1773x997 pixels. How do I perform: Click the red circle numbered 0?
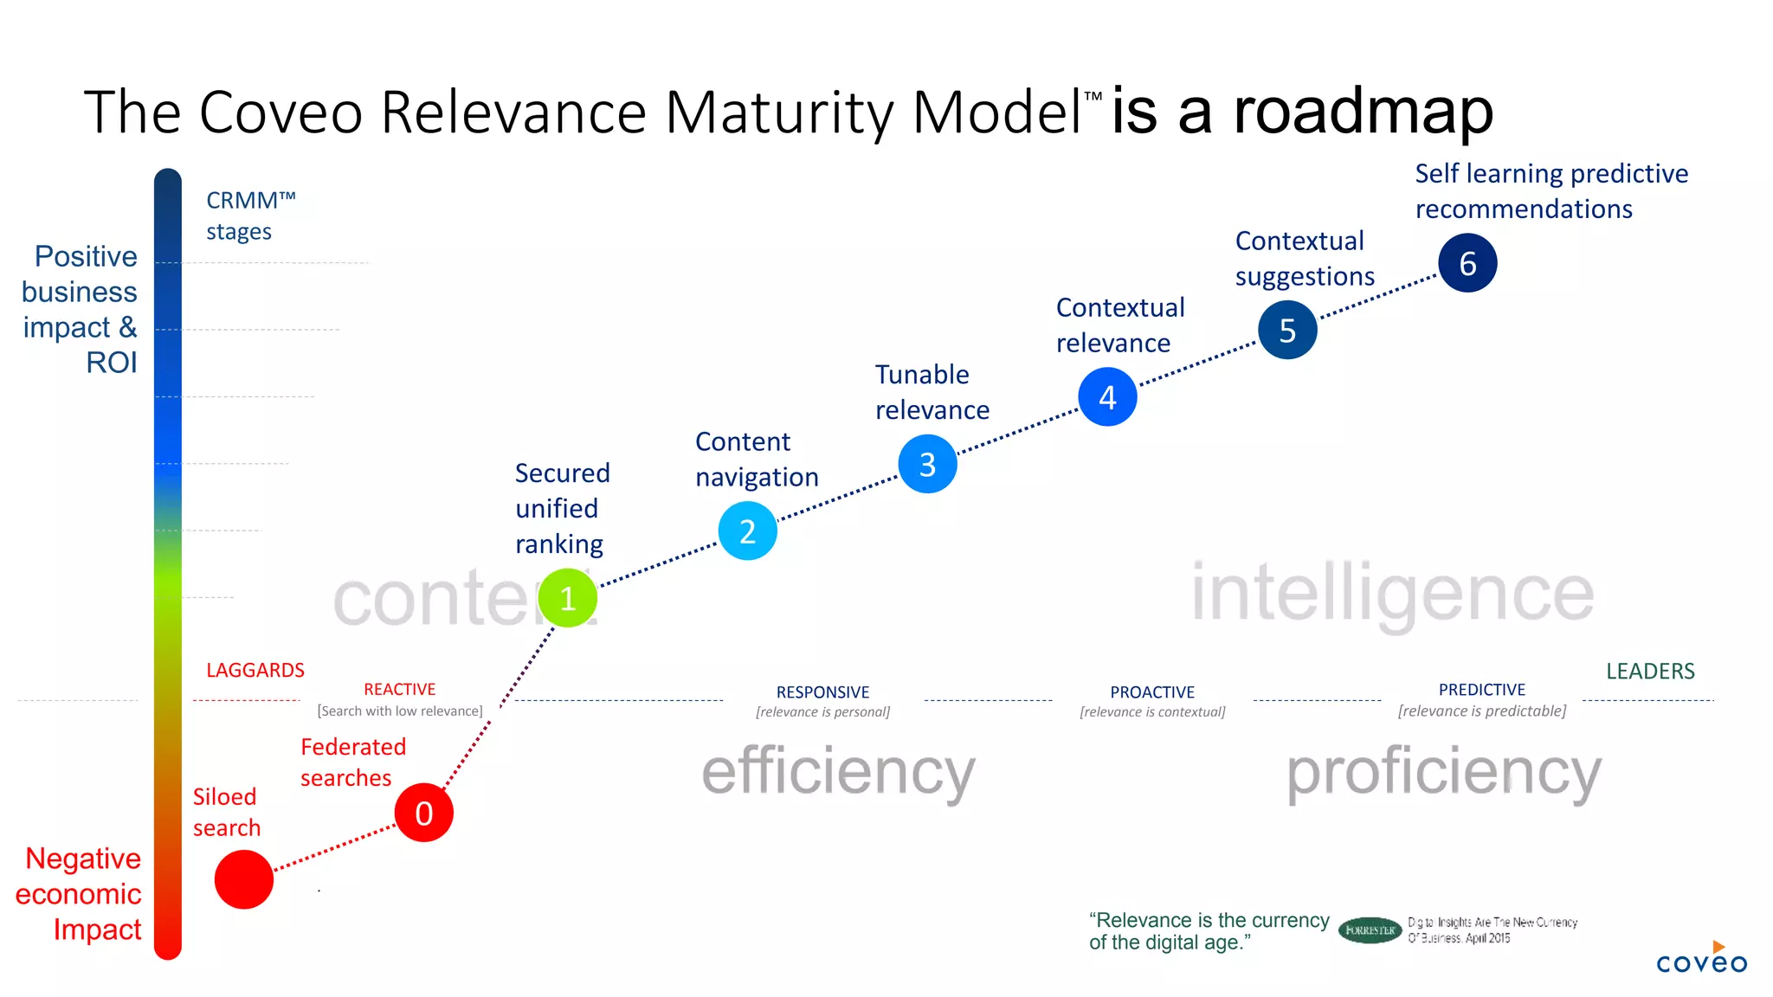pos(423,813)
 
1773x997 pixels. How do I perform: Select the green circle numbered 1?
pos(567,598)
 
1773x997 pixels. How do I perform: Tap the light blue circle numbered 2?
pos(747,531)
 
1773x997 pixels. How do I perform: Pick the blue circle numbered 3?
pos(927,464)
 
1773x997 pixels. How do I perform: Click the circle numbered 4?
pos(1107,396)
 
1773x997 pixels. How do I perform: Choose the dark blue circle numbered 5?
pos(1287,330)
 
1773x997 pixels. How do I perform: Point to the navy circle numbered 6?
pos(1467,263)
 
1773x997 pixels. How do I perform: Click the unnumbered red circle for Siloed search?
pos(244,879)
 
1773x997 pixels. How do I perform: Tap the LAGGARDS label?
pos(255,670)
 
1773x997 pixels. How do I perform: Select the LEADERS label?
pos(1650,671)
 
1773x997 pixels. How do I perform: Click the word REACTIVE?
pos(399,689)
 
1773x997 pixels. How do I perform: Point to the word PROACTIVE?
pos(1152,692)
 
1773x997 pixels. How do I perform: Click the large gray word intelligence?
pos(1392,594)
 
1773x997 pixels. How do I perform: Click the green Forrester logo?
pos(1370,930)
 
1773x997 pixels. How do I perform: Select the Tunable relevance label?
pos(932,392)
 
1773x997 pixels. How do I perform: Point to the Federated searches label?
pos(352,762)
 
